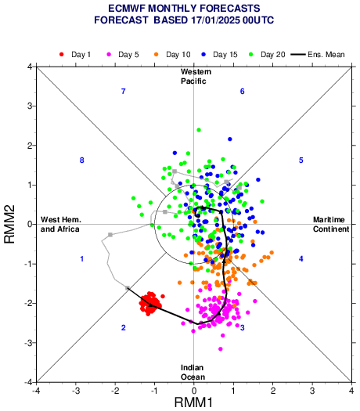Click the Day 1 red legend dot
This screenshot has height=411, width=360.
coord(62,55)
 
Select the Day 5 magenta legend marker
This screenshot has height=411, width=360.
coord(109,55)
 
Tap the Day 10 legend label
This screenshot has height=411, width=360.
coord(178,55)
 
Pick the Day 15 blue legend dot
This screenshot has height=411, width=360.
coord(203,55)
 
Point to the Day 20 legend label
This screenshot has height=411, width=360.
coord(273,55)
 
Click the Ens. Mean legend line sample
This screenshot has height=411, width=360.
coord(298,55)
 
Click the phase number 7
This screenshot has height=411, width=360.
coord(124,92)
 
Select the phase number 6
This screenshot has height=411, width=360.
coord(243,92)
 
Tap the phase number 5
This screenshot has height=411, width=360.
coord(301,160)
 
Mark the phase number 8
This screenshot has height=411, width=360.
coord(81,160)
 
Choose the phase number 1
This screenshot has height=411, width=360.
coord(82,259)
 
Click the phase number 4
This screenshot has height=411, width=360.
coord(301,259)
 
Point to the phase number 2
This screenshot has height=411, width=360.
coord(124,328)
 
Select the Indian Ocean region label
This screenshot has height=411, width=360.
coord(193,372)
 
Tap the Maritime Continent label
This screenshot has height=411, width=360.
coord(331,225)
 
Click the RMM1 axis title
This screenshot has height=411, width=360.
coord(193,402)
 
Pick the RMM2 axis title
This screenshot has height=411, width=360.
coord(9,225)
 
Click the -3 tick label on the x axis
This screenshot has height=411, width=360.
coord(76,391)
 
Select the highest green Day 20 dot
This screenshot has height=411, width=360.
coord(199,130)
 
